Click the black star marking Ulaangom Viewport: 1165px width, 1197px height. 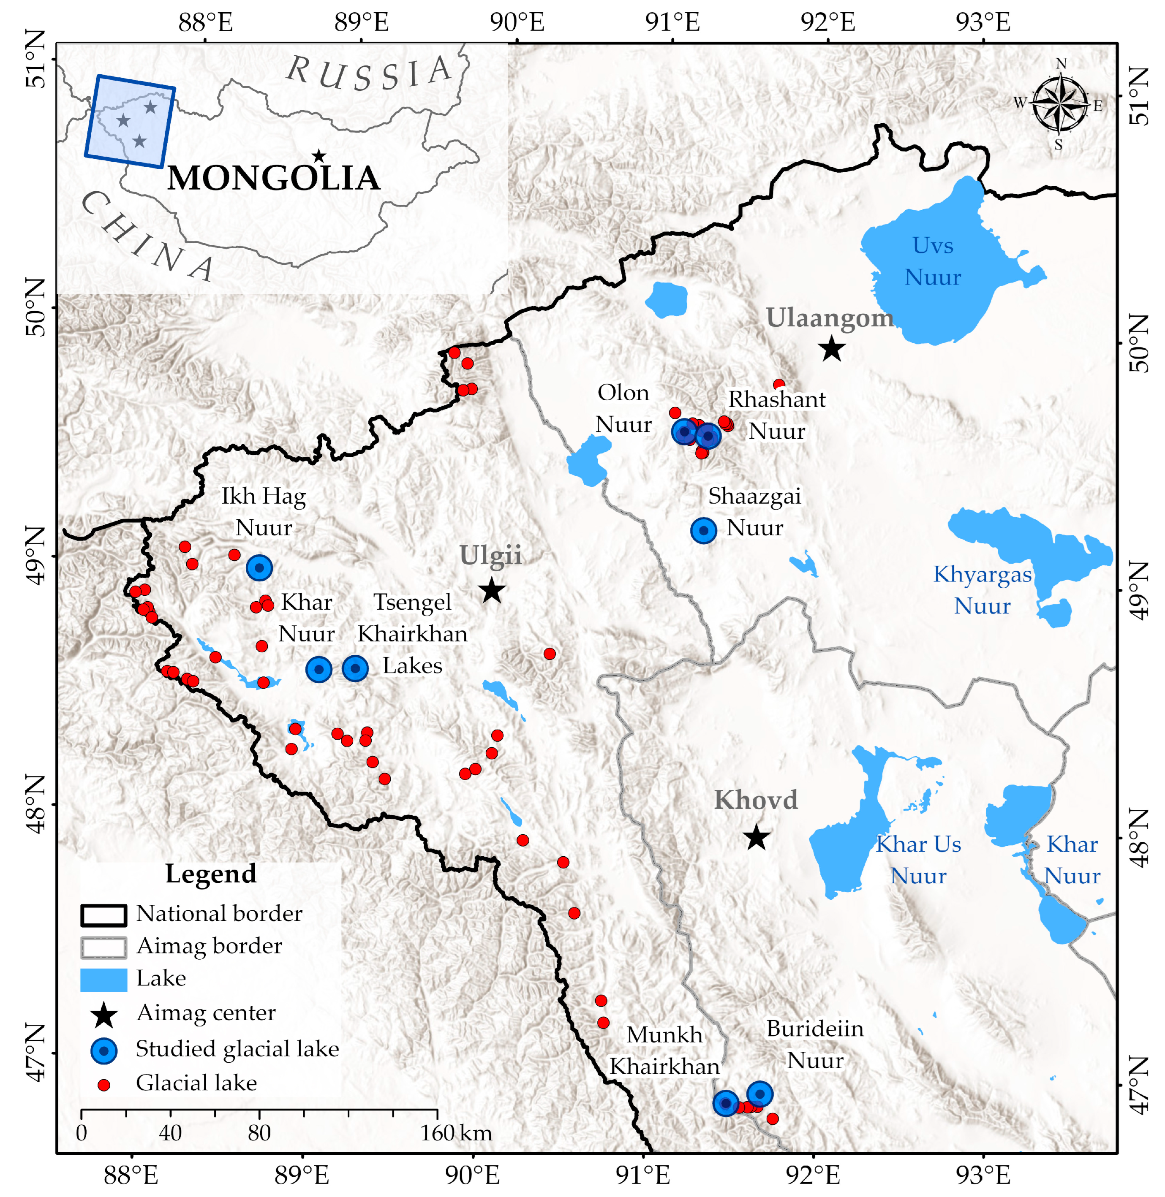(832, 349)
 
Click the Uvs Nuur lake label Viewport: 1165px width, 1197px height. (933, 261)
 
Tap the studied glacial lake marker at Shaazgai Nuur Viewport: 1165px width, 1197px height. (704, 530)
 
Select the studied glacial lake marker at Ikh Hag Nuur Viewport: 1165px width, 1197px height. (259, 567)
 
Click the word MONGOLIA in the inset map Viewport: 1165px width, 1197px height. (273, 179)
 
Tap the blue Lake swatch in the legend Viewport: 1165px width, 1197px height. (103, 979)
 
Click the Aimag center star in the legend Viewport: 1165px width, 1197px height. (104, 1015)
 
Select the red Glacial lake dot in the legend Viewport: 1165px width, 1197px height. (104, 1084)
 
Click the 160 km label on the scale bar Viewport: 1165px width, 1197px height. (456, 1133)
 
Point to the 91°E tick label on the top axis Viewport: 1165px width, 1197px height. (672, 23)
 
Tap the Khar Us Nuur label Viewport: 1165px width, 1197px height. (918, 859)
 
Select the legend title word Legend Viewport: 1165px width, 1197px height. (210, 874)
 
